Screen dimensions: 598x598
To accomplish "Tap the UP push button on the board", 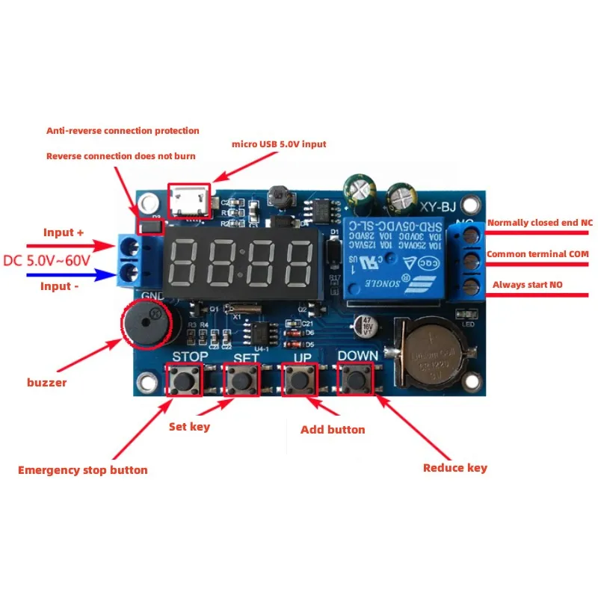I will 300,380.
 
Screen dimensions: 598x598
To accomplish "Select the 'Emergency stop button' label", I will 82,470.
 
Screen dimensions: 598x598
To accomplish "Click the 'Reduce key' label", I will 454,468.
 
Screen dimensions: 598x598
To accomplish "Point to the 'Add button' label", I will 333,430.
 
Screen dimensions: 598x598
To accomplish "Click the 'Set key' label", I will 189,427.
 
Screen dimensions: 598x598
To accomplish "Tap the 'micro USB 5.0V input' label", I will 279,144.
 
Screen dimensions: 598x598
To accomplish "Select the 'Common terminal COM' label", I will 537,254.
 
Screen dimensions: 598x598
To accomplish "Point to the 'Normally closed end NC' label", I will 540,223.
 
